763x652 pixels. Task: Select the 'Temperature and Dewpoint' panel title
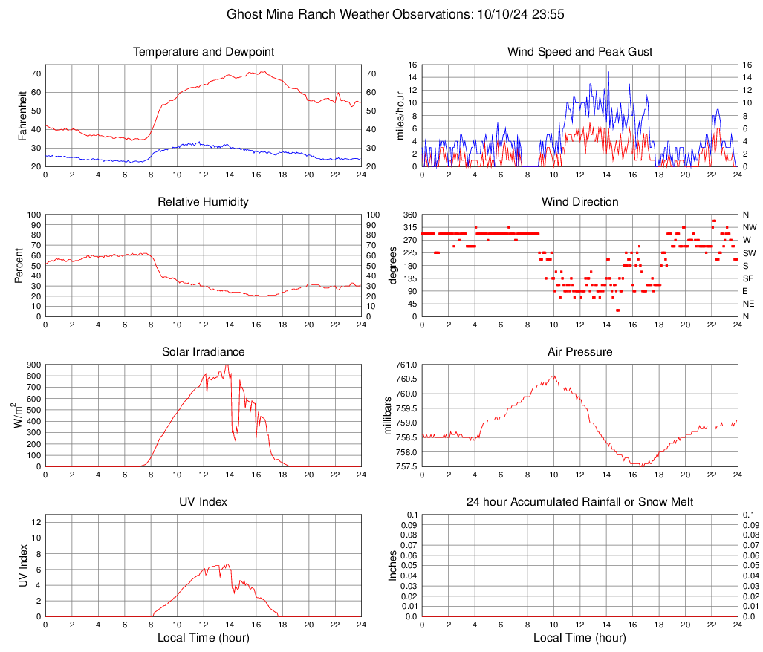(x=204, y=52)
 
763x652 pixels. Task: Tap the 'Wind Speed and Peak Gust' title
(x=580, y=52)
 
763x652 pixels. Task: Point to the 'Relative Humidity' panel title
(x=204, y=202)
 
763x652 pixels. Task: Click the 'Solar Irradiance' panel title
(x=204, y=352)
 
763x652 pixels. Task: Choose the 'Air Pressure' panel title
(x=580, y=352)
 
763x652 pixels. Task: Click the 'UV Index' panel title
(x=204, y=502)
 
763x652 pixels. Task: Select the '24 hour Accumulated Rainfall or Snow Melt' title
(x=580, y=502)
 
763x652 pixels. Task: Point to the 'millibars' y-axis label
(x=387, y=415)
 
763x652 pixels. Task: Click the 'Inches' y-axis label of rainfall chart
(x=393, y=565)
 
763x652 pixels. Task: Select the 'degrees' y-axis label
(x=393, y=265)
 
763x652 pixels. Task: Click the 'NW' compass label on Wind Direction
(x=750, y=227)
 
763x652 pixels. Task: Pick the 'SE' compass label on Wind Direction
(x=749, y=278)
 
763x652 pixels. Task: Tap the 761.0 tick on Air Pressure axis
(x=406, y=365)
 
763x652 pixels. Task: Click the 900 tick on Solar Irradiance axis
(x=33, y=365)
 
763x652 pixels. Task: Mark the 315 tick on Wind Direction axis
(x=408, y=227)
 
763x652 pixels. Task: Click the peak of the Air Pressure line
(x=553, y=376)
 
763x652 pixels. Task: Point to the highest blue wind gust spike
(x=608, y=72)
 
